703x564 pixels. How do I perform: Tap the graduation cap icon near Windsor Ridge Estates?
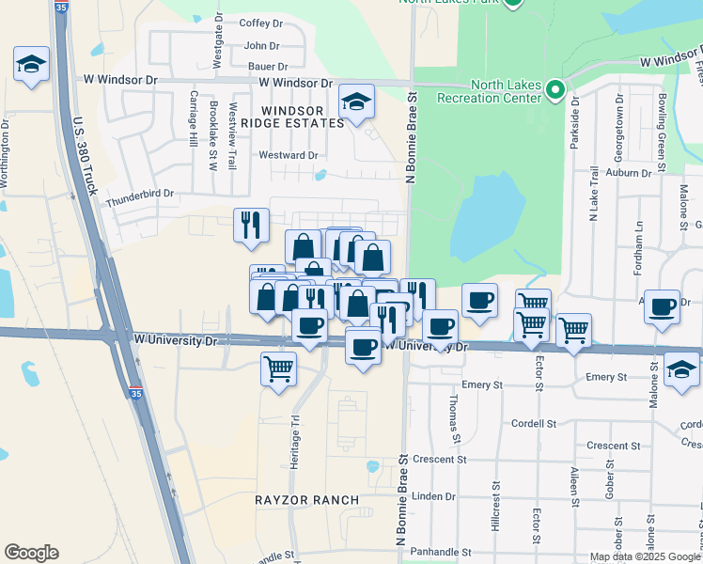(356, 102)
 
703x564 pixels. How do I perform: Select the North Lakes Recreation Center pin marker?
(555, 90)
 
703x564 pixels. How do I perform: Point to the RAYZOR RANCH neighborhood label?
(307, 499)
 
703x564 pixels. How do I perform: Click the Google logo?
(31, 553)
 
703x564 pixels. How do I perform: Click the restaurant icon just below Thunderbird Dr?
(250, 225)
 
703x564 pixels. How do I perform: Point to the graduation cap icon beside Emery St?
(681, 369)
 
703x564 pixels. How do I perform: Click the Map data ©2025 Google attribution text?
(645, 556)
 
